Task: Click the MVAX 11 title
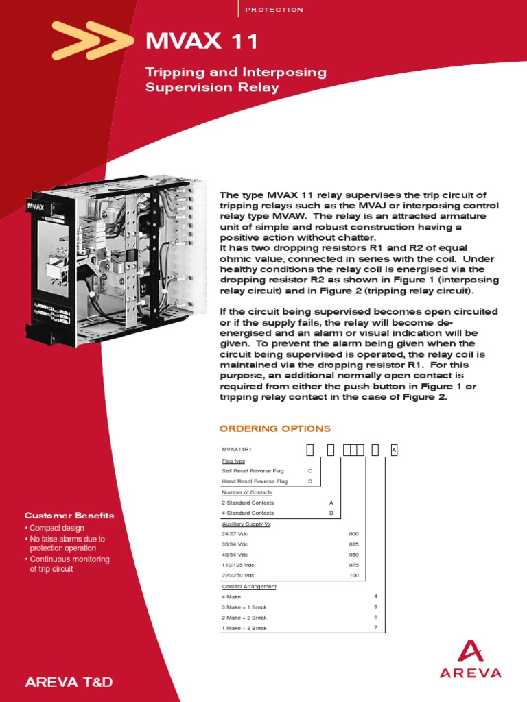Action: [x=202, y=43]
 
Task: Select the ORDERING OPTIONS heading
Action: [x=274, y=428]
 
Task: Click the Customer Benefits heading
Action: [x=69, y=516]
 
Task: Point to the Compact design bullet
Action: [x=55, y=529]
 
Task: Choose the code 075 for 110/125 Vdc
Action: [x=354, y=565]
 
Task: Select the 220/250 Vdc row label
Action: [x=237, y=575]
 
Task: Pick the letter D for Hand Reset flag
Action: [x=310, y=481]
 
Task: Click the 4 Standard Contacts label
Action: [x=247, y=513]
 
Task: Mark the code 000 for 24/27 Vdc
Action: [x=354, y=533]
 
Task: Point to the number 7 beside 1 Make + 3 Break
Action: [x=375, y=628]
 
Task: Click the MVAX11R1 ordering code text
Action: [x=237, y=450]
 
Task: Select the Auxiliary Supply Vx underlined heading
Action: [x=246, y=523]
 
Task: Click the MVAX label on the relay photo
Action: [x=36, y=204]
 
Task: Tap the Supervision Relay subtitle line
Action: [x=212, y=88]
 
